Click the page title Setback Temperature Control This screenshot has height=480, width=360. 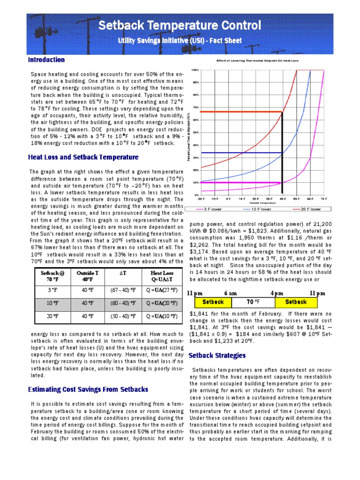pyautogui.click(x=180, y=25)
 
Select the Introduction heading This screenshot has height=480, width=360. pyautogui.click(x=46, y=60)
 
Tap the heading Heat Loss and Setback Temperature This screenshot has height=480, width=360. pyautogui.click(x=83, y=157)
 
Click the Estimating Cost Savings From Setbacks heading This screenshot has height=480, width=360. pyautogui.click(x=88, y=390)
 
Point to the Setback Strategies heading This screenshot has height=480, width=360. pyautogui.click(x=217, y=356)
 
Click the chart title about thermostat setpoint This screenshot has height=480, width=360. pyautogui.click(x=257, y=61)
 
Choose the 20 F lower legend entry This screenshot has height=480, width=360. pyautogui.click(x=307, y=209)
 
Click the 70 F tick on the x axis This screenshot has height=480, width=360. pyautogui.click(x=323, y=199)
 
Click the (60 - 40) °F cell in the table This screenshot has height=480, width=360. pyautogui.click(x=121, y=303)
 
